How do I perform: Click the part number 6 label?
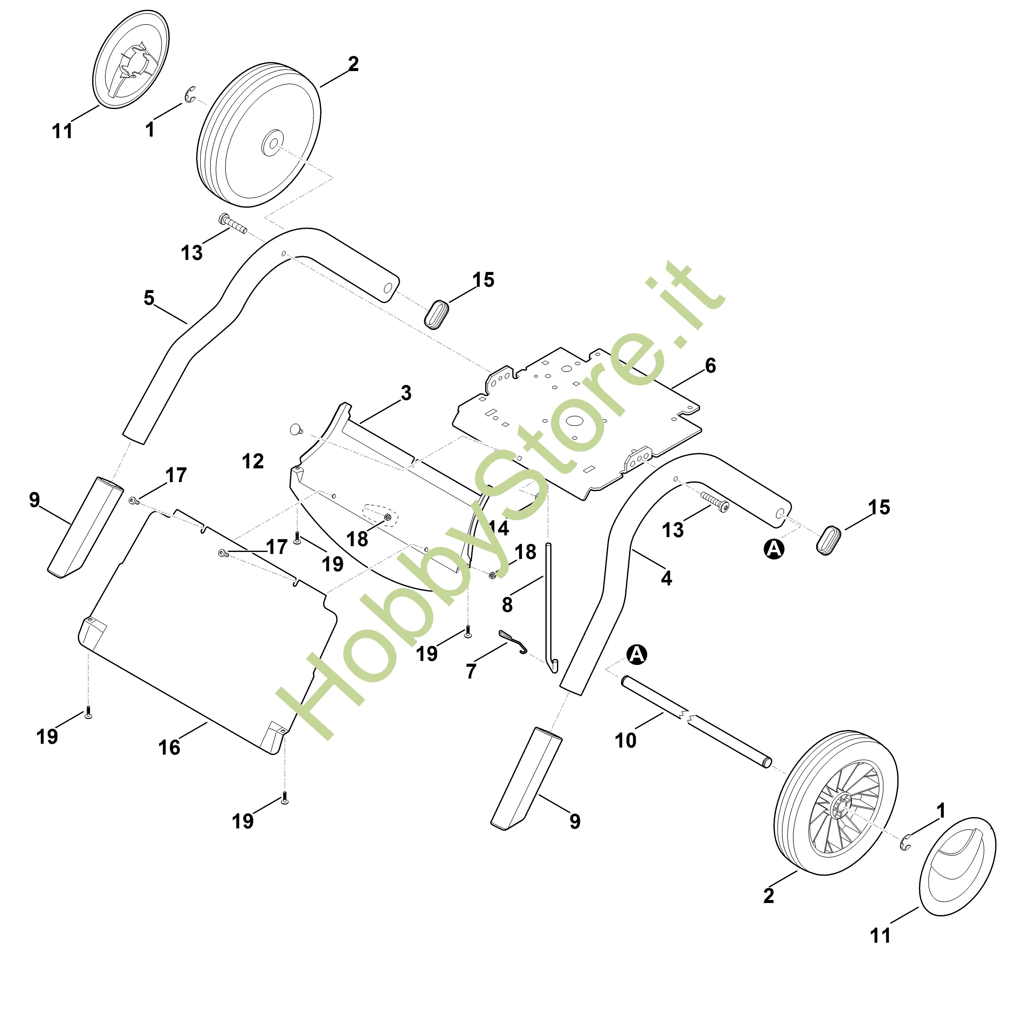click(x=710, y=366)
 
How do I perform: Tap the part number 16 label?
click(x=169, y=747)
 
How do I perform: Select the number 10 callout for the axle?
click(x=625, y=741)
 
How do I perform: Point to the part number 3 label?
click(x=406, y=393)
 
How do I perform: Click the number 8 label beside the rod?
click(x=507, y=605)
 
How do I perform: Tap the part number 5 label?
click(x=149, y=298)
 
